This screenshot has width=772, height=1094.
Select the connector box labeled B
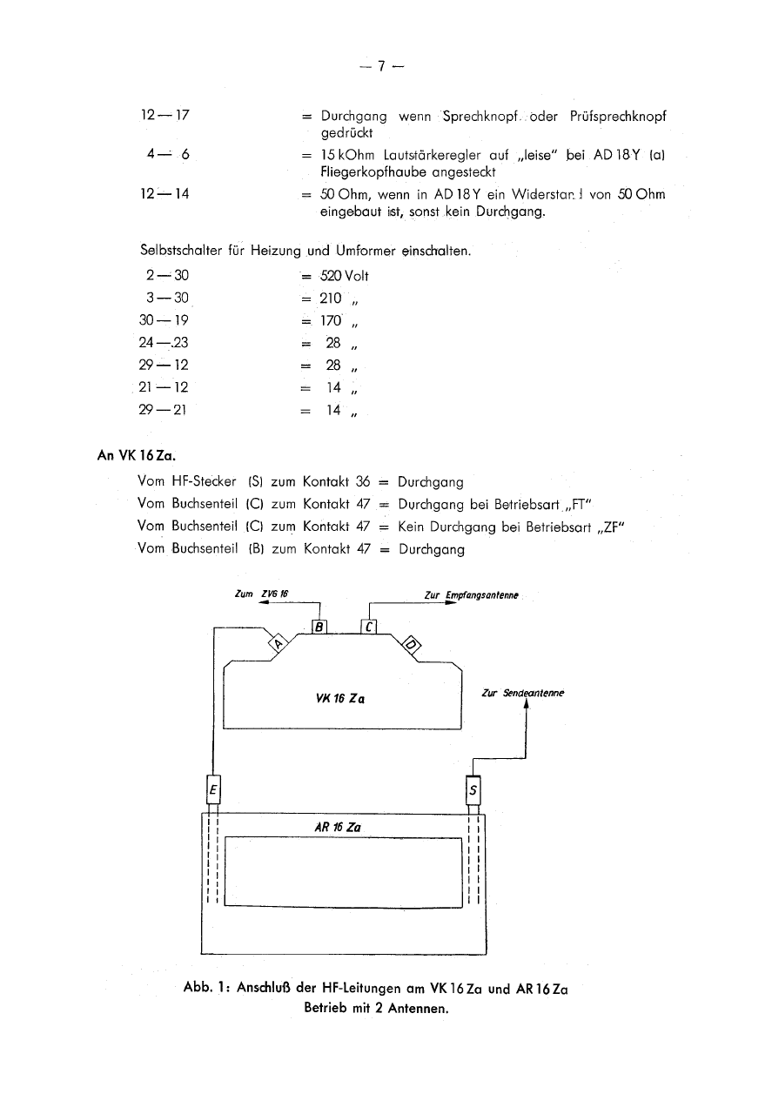319,626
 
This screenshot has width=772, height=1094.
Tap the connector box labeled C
368,626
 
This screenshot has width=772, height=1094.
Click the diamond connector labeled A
279,644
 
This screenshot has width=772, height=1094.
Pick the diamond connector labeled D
413,644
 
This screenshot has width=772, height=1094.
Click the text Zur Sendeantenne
522,693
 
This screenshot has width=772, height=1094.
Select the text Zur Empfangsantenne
471,595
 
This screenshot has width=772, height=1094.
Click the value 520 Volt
345,277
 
